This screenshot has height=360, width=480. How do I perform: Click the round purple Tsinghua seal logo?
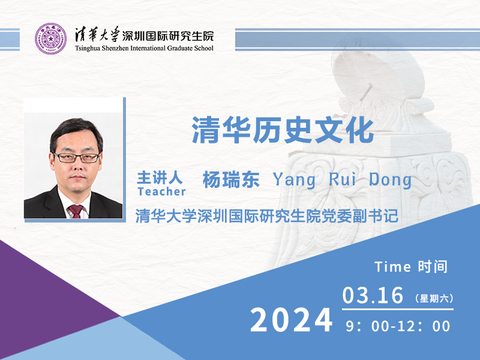[x=50, y=39]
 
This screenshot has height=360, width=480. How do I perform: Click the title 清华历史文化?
[x=283, y=130]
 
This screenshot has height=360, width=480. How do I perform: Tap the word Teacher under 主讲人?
[x=161, y=191]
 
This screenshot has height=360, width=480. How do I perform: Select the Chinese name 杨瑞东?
[x=231, y=179]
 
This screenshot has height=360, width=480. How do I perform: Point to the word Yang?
[x=294, y=180]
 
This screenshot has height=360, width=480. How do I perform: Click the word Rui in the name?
[x=343, y=179]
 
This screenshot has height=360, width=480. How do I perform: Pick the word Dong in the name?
[x=390, y=180]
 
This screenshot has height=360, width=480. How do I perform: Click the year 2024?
[x=292, y=320]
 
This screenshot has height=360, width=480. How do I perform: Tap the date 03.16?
[x=373, y=295]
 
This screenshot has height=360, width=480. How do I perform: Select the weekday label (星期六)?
[x=434, y=298]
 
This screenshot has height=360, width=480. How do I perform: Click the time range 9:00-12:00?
[x=398, y=326]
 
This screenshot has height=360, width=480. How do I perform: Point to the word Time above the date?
[x=392, y=267]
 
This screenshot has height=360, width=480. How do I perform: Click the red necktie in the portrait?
[x=76, y=211]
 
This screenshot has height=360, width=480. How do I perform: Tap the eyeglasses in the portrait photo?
[x=77, y=158]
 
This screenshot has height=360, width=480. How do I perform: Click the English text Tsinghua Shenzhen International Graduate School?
[x=144, y=48]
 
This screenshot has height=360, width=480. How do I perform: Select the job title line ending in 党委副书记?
[x=266, y=216]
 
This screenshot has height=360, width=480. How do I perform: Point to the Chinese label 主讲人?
[x=160, y=178]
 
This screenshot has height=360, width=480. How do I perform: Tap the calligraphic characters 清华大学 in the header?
[x=97, y=34]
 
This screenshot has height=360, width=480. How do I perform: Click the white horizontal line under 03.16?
[x=398, y=310]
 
